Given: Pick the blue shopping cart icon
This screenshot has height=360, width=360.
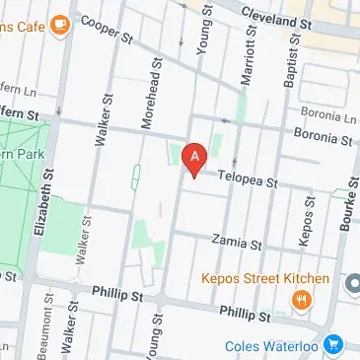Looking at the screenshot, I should point(333,346).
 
